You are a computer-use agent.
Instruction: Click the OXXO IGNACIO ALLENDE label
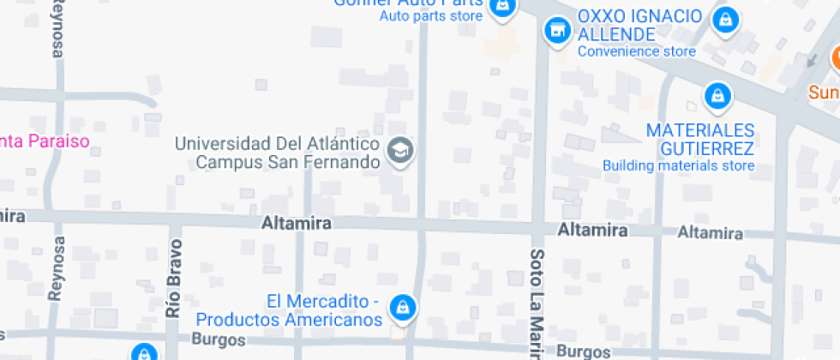pos(639,26)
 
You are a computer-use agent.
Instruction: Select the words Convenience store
pos(636,51)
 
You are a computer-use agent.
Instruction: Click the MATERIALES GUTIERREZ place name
pos(699,139)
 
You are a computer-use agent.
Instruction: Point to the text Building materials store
pos(678,165)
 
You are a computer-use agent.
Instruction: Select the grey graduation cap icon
pos(399,151)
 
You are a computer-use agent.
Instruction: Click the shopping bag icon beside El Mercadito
pos(401,306)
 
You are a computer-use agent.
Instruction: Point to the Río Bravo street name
pos(175,279)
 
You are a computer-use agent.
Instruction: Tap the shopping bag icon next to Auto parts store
pos(501,7)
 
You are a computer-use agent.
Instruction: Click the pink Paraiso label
pos(45,141)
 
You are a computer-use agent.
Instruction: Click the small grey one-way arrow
pos(811,60)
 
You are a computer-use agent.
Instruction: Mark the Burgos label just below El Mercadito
pos(218,339)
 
